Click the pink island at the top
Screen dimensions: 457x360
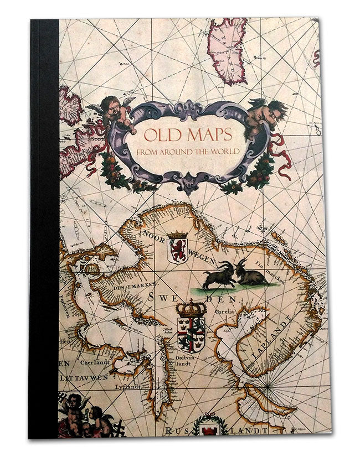coord(227,50)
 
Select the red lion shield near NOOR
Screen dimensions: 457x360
coord(178,247)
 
